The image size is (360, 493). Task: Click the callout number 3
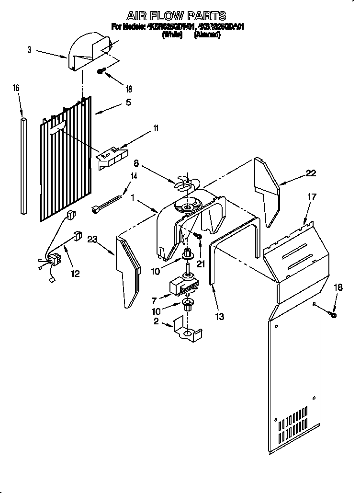(29, 50)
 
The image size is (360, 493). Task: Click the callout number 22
(311, 173)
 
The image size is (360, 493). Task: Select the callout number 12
(74, 274)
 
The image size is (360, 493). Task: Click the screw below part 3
(101, 71)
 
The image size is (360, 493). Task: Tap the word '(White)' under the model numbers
(173, 34)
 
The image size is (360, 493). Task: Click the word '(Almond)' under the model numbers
(207, 34)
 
